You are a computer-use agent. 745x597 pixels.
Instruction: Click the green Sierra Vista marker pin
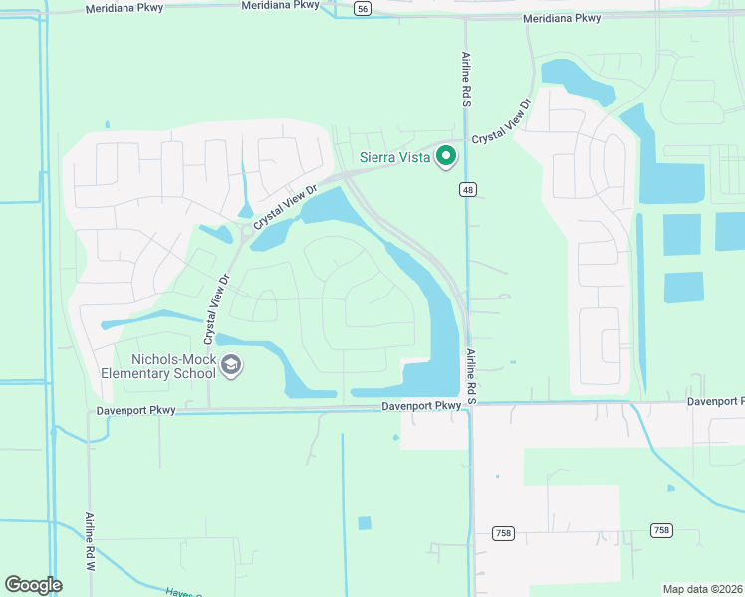447,156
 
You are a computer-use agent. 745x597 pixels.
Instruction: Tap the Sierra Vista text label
394,157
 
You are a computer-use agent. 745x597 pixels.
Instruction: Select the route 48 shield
467,189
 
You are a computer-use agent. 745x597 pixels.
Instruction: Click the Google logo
33,584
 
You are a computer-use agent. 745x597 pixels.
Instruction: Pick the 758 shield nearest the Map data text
661,530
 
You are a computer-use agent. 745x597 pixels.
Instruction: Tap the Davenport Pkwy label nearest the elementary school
136,410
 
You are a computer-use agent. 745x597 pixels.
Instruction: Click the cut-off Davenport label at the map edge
715,401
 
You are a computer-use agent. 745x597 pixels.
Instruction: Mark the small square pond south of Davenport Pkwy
364,523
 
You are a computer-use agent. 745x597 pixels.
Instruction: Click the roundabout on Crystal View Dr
245,233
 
